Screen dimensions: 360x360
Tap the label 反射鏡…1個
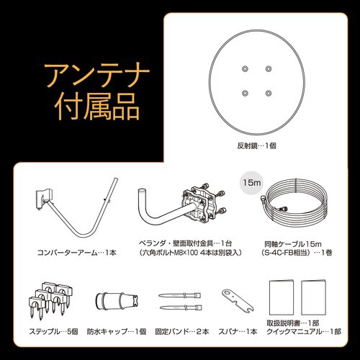point(257,145)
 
